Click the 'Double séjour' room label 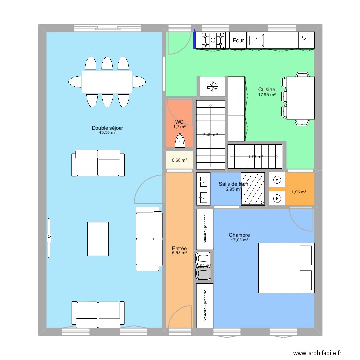[x=108, y=128]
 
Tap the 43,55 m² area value [x=108, y=132]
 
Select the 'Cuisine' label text [x=266, y=90]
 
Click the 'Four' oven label [x=239, y=41]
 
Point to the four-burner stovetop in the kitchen [x=214, y=40]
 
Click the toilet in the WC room [x=180, y=141]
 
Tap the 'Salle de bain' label [x=233, y=184]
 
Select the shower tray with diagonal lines [x=253, y=189]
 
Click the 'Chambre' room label [x=240, y=235]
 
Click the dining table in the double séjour [x=107, y=82]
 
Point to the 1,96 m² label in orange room [x=298, y=192]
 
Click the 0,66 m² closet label [x=180, y=160]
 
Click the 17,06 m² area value [x=240, y=240]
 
